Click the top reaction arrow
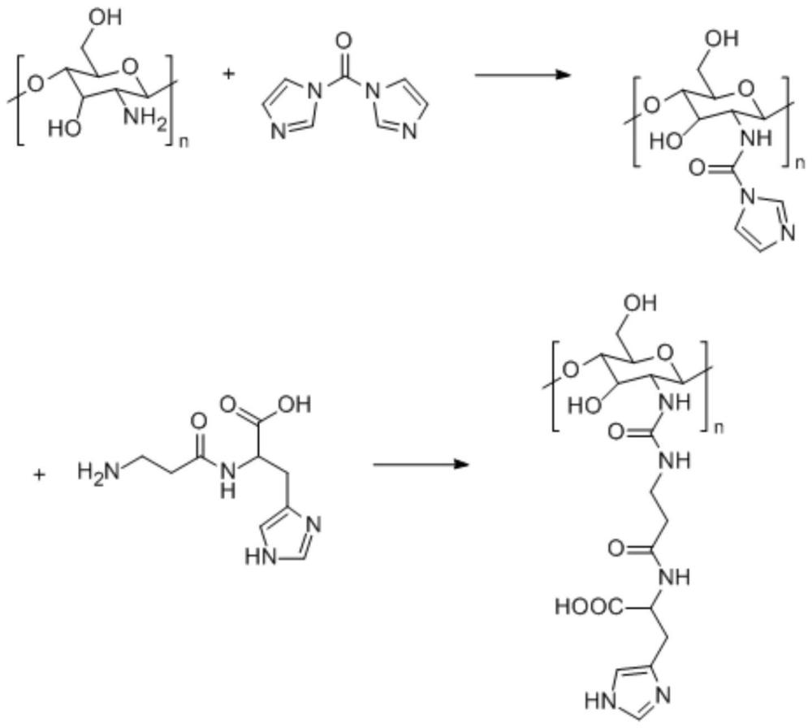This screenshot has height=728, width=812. tap(520, 75)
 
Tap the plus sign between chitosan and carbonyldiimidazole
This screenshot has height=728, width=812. tap(228, 75)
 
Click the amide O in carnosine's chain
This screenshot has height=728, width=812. tap(197, 421)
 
